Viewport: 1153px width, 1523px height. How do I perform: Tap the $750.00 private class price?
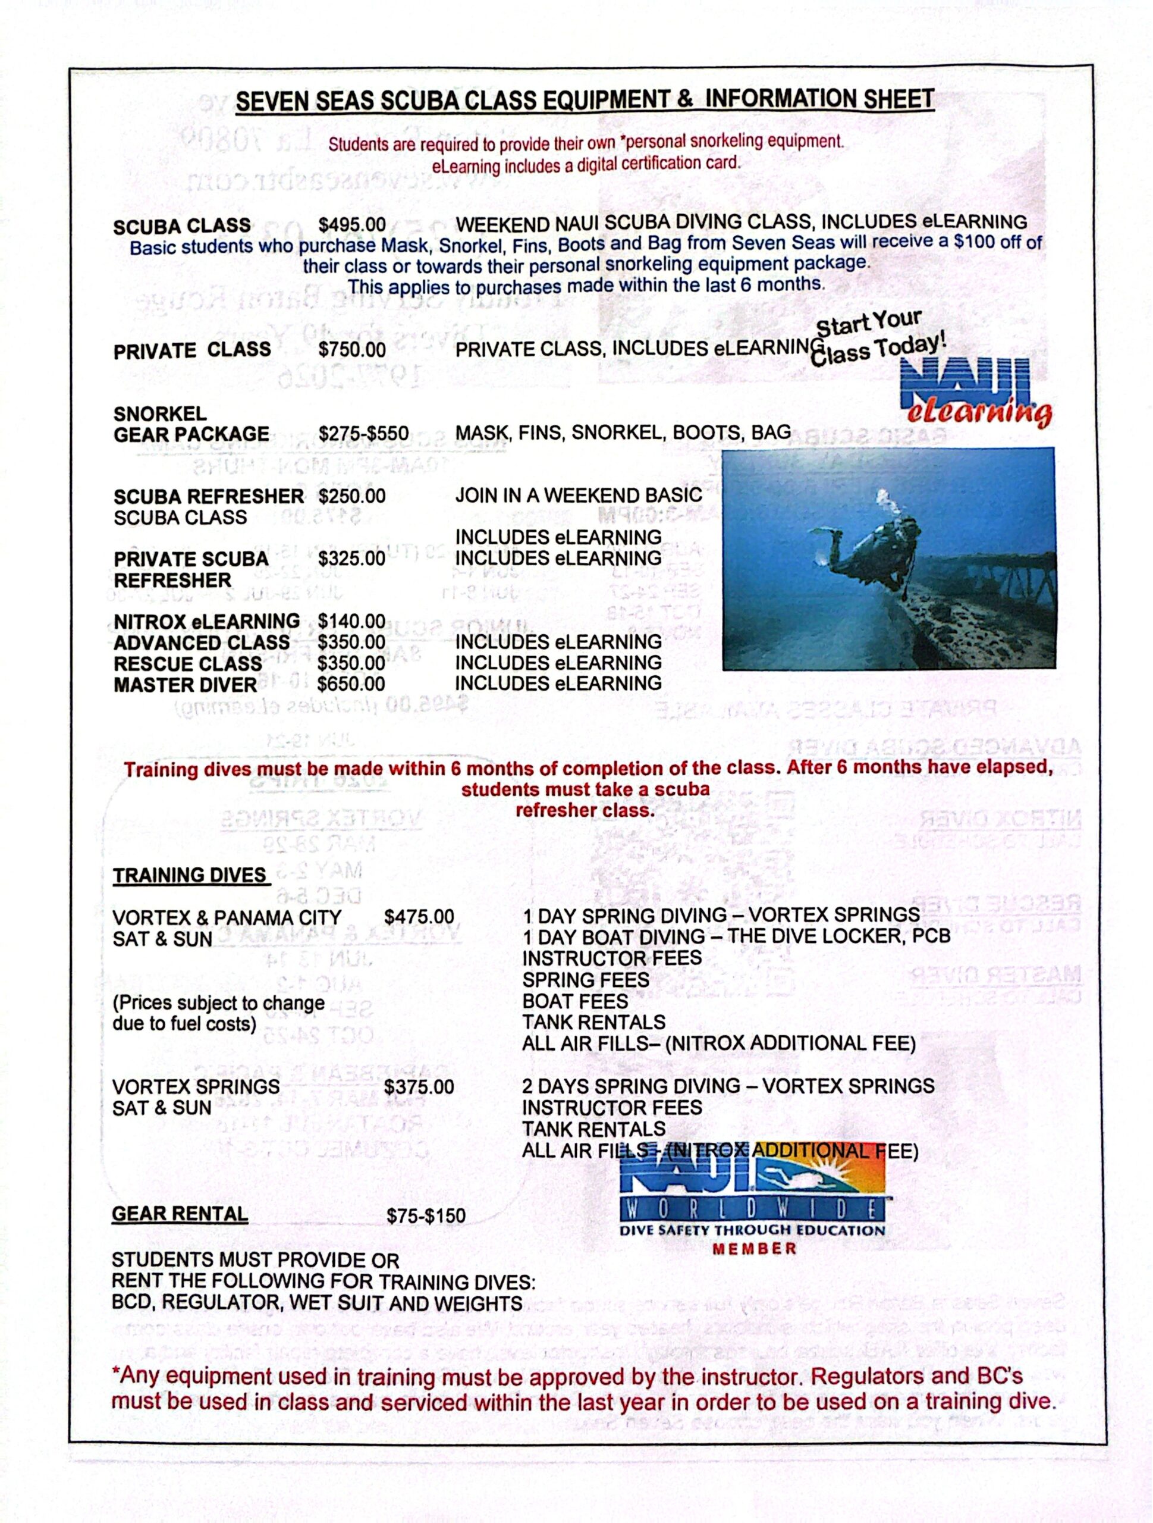coord(352,350)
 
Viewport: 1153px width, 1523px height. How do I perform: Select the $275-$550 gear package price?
coord(363,434)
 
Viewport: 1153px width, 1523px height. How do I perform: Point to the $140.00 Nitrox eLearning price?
coord(352,622)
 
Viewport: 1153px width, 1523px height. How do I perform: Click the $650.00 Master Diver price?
coord(352,684)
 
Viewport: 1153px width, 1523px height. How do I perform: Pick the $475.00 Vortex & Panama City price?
coord(419,917)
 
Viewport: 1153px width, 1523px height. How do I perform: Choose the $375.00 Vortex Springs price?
coord(419,1087)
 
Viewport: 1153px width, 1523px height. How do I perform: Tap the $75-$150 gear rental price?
coord(426,1216)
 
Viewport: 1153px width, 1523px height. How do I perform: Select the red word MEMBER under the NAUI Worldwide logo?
coord(755,1249)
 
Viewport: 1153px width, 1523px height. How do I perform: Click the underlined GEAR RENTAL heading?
coord(180,1214)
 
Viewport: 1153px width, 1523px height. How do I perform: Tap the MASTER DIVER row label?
coord(185,685)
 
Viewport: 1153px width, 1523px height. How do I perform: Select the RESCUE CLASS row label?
coord(188,664)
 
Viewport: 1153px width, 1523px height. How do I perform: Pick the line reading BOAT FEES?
coord(575,1001)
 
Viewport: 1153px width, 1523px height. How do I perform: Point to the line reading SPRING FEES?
coord(585,980)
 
